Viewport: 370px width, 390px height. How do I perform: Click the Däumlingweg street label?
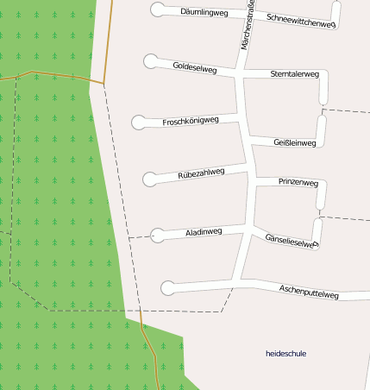[x=204, y=13]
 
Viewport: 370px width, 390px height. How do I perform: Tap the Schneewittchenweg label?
[x=301, y=21]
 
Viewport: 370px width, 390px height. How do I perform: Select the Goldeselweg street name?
[x=195, y=66]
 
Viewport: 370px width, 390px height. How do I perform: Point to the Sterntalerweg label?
[x=294, y=75]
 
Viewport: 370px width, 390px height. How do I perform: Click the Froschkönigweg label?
[x=191, y=122]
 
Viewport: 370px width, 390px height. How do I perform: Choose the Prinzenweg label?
[x=298, y=183]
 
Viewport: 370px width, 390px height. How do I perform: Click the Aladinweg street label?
[x=204, y=232]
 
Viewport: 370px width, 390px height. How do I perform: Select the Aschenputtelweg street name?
[x=309, y=291]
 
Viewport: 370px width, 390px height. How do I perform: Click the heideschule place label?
[x=285, y=354]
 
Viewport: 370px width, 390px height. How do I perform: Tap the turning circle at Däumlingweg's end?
[x=157, y=9]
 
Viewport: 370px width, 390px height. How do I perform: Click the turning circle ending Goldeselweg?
[x=151, y=61]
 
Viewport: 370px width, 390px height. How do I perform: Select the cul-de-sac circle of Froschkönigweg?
[x=139, y=122]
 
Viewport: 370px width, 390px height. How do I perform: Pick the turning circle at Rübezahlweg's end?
[x=150, y=179]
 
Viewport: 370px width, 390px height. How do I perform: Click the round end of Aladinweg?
[x=158, y=234]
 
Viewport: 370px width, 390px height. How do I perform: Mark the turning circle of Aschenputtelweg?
[x=167, y=287]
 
